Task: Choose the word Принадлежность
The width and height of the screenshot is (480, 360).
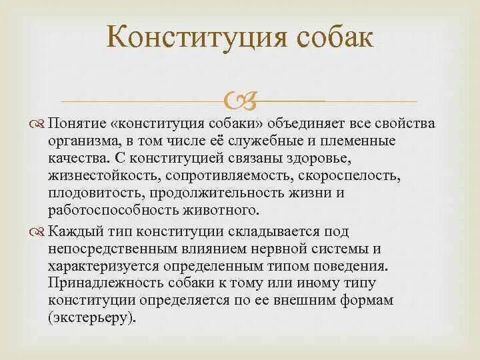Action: click(102, 283)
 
